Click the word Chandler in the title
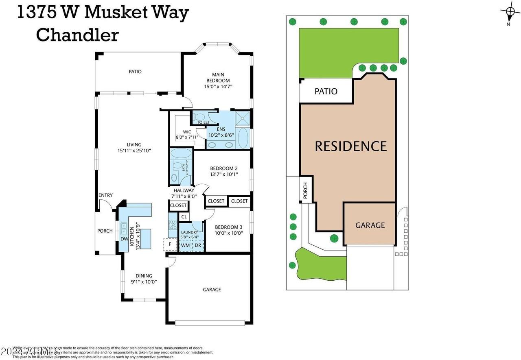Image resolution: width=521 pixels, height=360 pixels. pyautogui.click(x=77, y=35)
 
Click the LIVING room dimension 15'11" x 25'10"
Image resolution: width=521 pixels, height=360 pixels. pyautogui.click(x=134, y=151)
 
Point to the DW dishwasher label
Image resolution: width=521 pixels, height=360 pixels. pyautogui.click(x=124, y=239)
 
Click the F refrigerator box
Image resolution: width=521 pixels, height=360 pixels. pyautogui.click(x=170, y=244)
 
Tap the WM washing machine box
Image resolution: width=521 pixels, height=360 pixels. pyautogui.click(x=185, y=245)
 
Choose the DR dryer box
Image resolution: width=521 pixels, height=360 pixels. pyautogui.click(x=198, y=245)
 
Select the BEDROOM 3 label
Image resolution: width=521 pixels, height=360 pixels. pyautogui.click(x=229, y=227)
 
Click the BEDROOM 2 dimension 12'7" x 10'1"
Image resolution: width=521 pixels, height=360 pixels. pyautogui.click(x=224, y=174)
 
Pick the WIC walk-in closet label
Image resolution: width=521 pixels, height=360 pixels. pyautogui.click(x=187, y=132)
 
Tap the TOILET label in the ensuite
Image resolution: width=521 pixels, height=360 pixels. pyautogui.click(x=203, y=122)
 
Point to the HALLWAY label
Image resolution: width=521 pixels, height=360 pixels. pyautogui.click(x=184, y=190)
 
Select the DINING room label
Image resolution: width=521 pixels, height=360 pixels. pyautogui.click(x=144, y=276)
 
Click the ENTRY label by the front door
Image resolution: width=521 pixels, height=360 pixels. pyautogui.click(x=105, y=195)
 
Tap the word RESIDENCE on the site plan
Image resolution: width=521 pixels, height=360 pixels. pyautogui.click(x=350, y=146)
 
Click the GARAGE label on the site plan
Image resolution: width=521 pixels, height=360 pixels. pyautogui.click(x=370, y=225)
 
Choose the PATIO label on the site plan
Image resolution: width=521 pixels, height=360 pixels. pyautogui.click(x=326, y=91)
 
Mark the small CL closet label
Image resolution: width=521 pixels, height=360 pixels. pyautogui.click(x=184, y=217)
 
